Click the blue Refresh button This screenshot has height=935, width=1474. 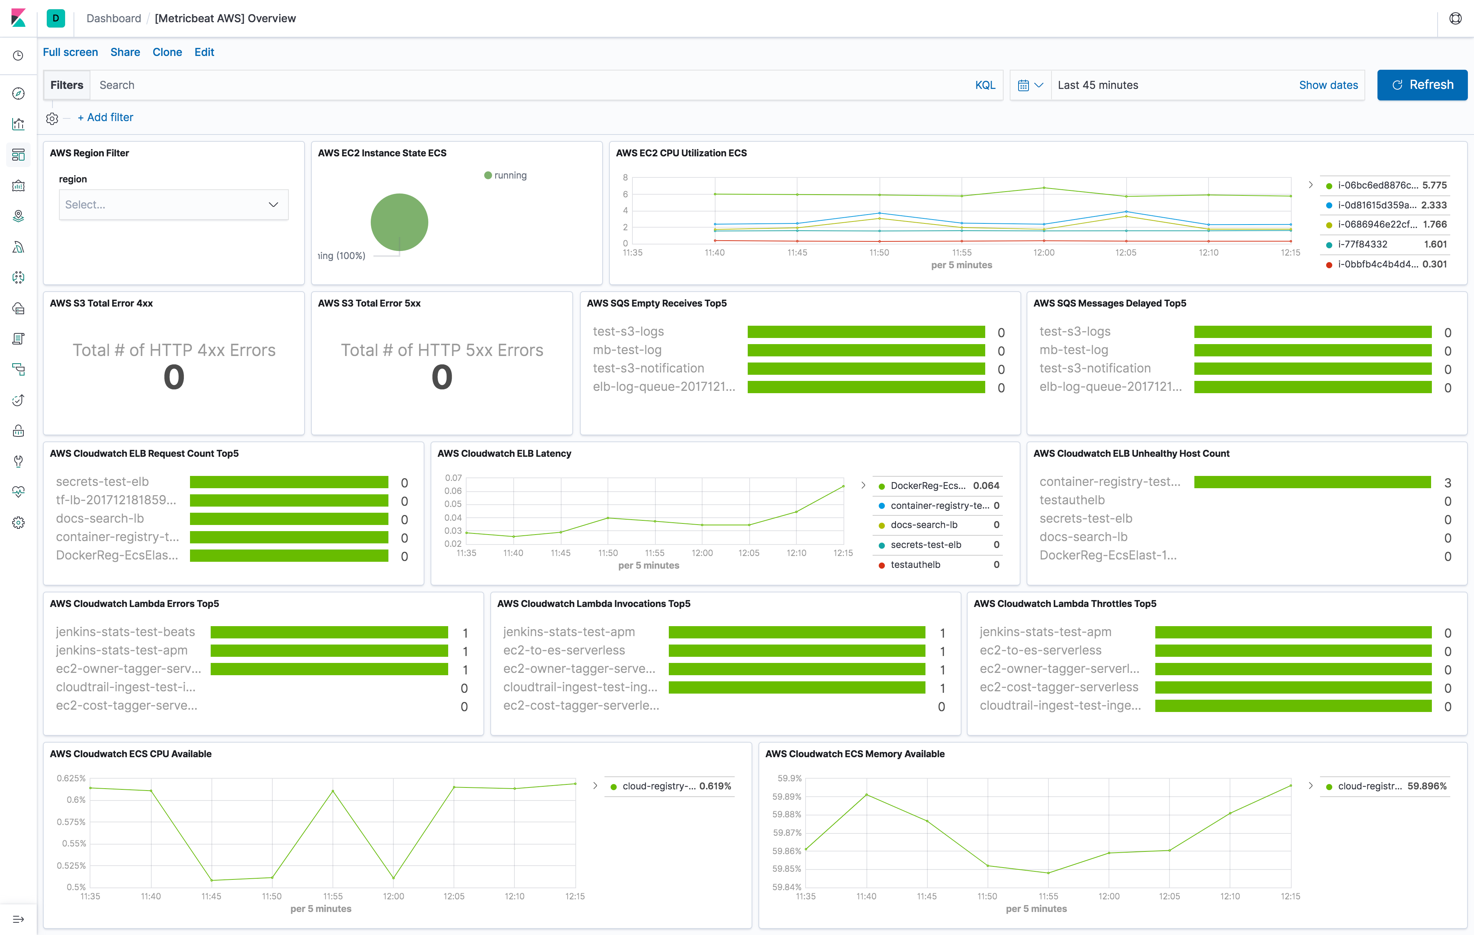click(1422, 85)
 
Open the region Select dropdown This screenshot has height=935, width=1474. click(173, 205)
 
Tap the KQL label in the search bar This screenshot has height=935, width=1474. click(984, 85)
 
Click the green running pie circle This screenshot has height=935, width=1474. click(399, 221)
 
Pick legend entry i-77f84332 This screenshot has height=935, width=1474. click(1362, 244)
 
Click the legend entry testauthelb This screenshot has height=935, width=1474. click(915, 564)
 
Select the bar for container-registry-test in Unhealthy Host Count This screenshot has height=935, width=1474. click(1312, 482)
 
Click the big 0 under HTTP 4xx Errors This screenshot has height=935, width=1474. click(174, 377)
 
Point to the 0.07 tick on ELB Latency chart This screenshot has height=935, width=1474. click(453, 477)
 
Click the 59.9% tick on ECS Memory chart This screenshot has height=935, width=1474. click(789, 778)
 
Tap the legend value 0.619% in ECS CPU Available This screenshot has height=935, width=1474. click(715, 786)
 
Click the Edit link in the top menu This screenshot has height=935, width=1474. click(204, 52)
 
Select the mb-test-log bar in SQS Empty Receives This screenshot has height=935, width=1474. click(866, 350)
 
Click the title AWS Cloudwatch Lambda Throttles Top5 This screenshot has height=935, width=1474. click(1065, 604)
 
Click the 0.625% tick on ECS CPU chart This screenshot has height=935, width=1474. click(71, 778)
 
